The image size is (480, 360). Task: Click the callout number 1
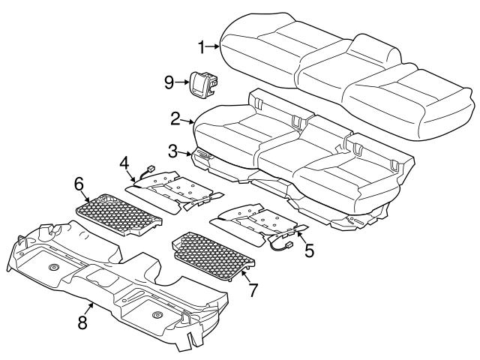(202, 47)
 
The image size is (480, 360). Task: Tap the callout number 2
(175, 118)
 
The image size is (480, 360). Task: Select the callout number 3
(172, 152)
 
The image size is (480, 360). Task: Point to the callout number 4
(124, 162)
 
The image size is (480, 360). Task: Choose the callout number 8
(82, 322)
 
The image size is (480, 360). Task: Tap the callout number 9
(169, 79)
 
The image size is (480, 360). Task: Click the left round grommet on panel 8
(54, 268)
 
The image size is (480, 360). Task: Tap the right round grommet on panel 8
(157, 315)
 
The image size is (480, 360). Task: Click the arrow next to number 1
(214, 47)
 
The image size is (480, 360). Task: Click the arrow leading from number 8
(90, 309)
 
